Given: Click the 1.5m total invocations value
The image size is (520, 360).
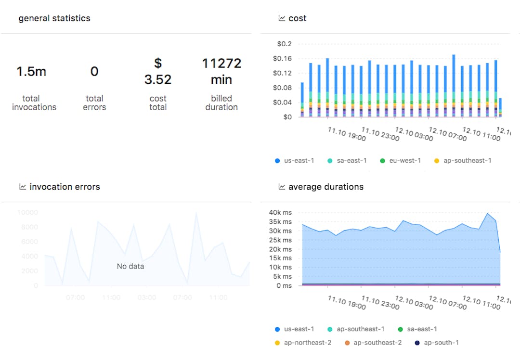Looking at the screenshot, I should [31, 72].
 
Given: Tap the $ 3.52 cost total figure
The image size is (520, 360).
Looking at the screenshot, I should [158, 71].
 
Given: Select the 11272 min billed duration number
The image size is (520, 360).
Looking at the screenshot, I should [221, 71].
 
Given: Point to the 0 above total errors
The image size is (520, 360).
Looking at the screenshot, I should [94, 72].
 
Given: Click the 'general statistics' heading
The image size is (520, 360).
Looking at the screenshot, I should [54, 18].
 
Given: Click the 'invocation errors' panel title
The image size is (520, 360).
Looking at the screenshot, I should [65, 187].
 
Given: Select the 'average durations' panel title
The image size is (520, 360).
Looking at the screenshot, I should [325, 187].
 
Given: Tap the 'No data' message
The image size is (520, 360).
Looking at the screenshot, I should [130, 266].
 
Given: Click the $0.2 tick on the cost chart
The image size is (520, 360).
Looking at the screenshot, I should [284, 44].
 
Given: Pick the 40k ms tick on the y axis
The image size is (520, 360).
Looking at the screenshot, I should [280, 213].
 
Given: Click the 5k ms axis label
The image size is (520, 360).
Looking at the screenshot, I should [282, 276].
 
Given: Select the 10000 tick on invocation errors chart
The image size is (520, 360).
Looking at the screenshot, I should [27, 212].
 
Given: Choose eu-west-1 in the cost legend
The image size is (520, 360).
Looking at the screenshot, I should [405, 160].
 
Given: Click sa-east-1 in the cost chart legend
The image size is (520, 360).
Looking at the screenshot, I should [351, 160].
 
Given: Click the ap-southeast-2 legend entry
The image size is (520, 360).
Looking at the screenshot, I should [377, 342].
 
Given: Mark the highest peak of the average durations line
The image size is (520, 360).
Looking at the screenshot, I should [488, 213].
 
